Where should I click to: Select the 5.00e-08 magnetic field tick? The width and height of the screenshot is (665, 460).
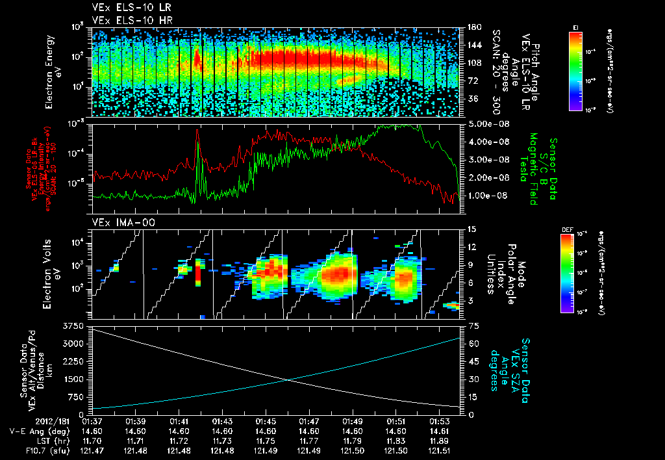pyautogui.click(x=484, y=123)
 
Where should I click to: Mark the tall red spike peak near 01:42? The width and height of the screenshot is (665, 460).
pyautogui.click(x=197, y=130)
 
